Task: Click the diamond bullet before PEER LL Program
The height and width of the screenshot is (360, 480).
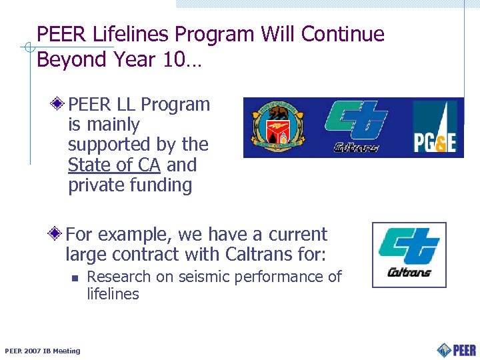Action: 59,105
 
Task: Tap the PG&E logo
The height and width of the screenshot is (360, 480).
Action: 434,127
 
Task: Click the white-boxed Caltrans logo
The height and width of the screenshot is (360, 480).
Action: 409,255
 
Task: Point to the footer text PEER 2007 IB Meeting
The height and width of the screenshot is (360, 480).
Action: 42,351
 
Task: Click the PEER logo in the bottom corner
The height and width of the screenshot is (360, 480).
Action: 457,349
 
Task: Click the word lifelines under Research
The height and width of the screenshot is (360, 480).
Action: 113,294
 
